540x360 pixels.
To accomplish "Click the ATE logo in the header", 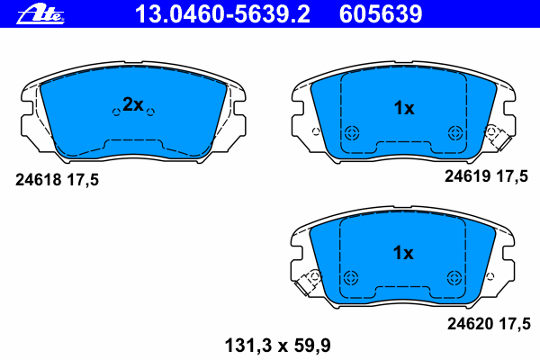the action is point(40,14).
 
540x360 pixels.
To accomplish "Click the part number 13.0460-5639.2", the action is point(223,14).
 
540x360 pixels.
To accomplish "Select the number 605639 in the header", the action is point(381,14).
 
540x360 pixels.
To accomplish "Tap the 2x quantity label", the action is point(133,104).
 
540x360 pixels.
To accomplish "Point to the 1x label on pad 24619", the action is point(404,108).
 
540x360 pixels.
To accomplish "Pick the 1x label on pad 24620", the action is point(403,253).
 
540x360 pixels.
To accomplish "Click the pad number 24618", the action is point(38,180).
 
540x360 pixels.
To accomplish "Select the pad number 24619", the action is point(467,176).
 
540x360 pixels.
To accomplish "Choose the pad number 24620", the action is point(470,324).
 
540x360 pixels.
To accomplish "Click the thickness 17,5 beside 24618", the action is point(83,180).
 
